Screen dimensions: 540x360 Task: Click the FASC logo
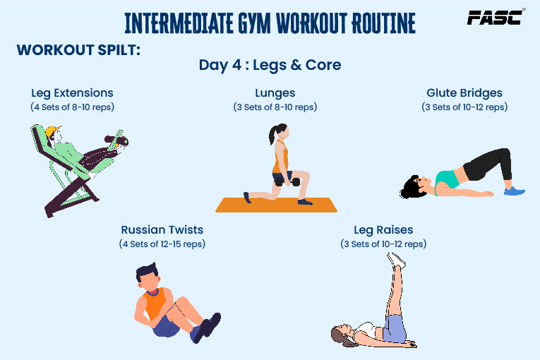click(496, 17)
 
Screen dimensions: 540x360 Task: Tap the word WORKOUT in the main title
click(311, 23)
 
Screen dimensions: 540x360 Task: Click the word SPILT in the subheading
click(119, 50)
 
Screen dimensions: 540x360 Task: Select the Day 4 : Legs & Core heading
click(270, 65)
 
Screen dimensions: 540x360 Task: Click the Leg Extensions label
click(72, 93)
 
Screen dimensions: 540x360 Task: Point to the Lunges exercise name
click(275, 93)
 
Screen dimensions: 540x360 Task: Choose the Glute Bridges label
click(464, 93)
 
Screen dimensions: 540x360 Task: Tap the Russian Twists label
click(162, 230)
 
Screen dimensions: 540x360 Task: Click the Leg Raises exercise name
click(383, 230)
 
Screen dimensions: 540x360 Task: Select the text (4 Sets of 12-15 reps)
click(162, 244)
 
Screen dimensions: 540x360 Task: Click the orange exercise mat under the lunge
click(276, 205)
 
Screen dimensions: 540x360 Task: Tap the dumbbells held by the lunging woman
click(288, 181)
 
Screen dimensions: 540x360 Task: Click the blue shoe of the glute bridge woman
click(514, 191)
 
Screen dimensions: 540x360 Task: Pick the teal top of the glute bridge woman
click(447, 180)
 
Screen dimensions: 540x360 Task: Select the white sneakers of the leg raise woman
click(396, 260)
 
